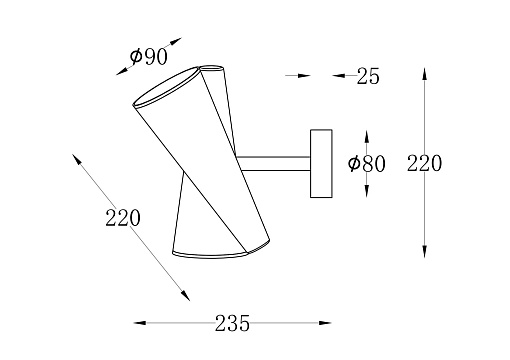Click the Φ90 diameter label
(x=148, y=56)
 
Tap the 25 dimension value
(x=368, y=76)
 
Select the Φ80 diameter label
(x=366, y=164)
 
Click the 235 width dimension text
(x=232, y=323)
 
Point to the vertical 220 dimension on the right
(x=424, y=163)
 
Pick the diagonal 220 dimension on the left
(x=123, y=218)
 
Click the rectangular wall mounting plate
(x=321, y=164)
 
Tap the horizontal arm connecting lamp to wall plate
(x=273, y=164)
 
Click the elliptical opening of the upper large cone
(x=166, y=87)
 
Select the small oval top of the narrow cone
(x=212, y=68)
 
